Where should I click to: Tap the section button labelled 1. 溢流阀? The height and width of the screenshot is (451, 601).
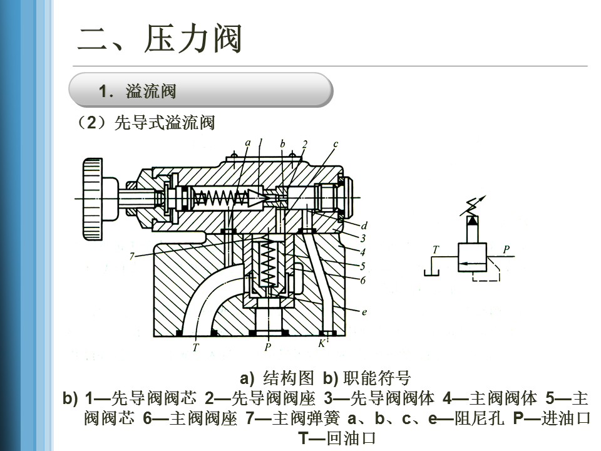(138, 91)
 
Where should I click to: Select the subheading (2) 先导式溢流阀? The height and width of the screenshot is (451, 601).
(145, 123)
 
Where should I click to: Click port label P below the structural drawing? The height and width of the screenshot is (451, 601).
(267, 346)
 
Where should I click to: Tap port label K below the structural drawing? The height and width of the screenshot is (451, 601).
(322, 343)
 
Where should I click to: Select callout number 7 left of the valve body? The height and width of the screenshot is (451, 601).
(132, 256)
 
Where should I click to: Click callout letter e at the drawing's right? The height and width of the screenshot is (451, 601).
(364, 310)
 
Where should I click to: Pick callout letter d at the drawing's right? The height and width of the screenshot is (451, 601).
(364, 225)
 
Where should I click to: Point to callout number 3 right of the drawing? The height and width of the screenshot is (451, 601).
(363, 238)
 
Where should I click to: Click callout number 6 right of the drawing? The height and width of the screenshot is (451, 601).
(363, 280)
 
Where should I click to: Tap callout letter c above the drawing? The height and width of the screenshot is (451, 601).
(335, 143)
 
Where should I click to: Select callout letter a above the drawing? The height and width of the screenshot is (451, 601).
(248, 143)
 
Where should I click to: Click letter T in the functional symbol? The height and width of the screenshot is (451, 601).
(436, 249)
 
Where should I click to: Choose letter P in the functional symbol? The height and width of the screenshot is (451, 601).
(506, 249)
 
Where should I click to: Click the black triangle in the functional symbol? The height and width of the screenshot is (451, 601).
(472, 220)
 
